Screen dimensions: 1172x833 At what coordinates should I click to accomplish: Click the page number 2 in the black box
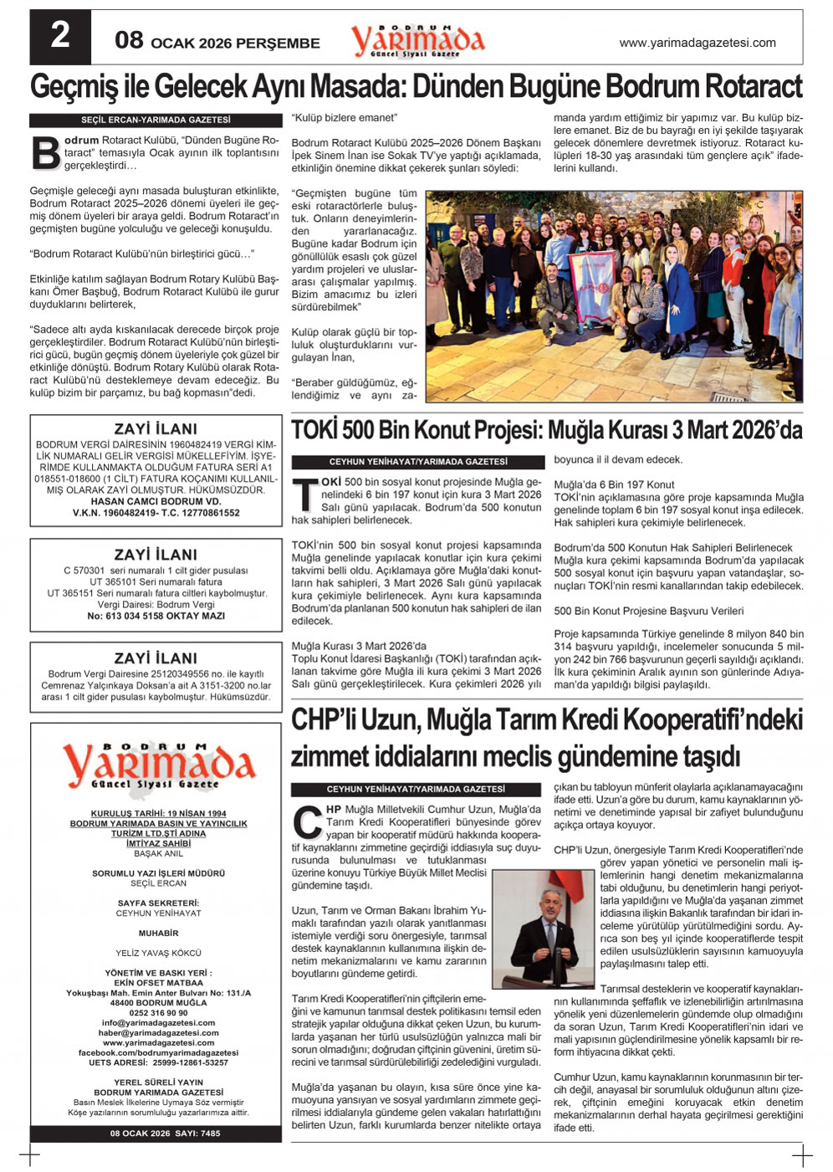click(60, 36)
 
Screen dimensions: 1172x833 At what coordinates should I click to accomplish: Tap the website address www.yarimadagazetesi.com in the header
click(697, 43)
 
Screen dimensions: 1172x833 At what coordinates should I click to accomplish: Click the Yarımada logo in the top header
click(417, 40)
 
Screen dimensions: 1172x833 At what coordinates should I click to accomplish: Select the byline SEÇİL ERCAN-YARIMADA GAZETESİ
click(156, 120)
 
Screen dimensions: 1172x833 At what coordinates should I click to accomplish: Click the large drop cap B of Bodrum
click(45, 153)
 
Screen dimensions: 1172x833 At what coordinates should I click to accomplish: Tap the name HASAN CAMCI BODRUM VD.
click(156, 501)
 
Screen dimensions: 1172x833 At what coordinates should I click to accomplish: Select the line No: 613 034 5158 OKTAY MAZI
click(156, 616)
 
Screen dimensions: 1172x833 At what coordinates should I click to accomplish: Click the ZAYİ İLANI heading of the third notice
click(156, 658)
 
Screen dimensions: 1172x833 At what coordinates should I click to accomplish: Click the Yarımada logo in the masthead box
click(156, 766)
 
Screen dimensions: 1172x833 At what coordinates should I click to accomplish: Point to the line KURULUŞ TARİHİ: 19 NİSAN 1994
click(158, 813)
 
